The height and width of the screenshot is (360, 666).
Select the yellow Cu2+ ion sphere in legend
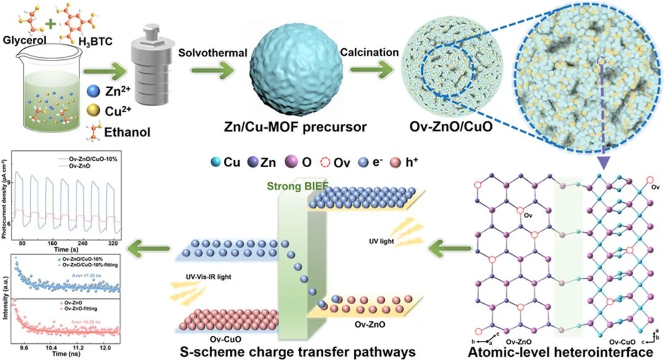point(91,114)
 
